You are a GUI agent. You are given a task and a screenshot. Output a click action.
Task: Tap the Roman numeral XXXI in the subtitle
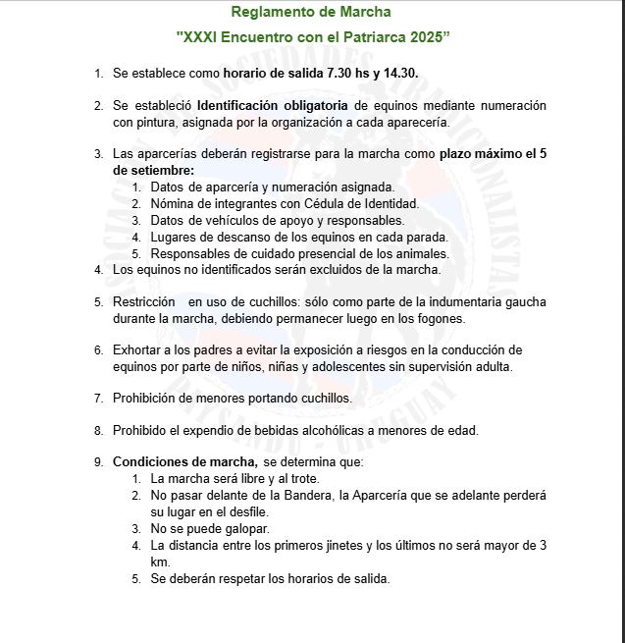(204, 36)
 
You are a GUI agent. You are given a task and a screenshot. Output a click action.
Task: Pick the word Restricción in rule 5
(144, 301)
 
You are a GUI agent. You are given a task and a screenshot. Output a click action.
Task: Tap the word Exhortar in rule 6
(137, 349)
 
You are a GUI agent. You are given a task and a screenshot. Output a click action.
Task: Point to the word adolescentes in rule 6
(364, 366)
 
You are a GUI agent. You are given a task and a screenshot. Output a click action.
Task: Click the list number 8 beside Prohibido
(98, 430)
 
